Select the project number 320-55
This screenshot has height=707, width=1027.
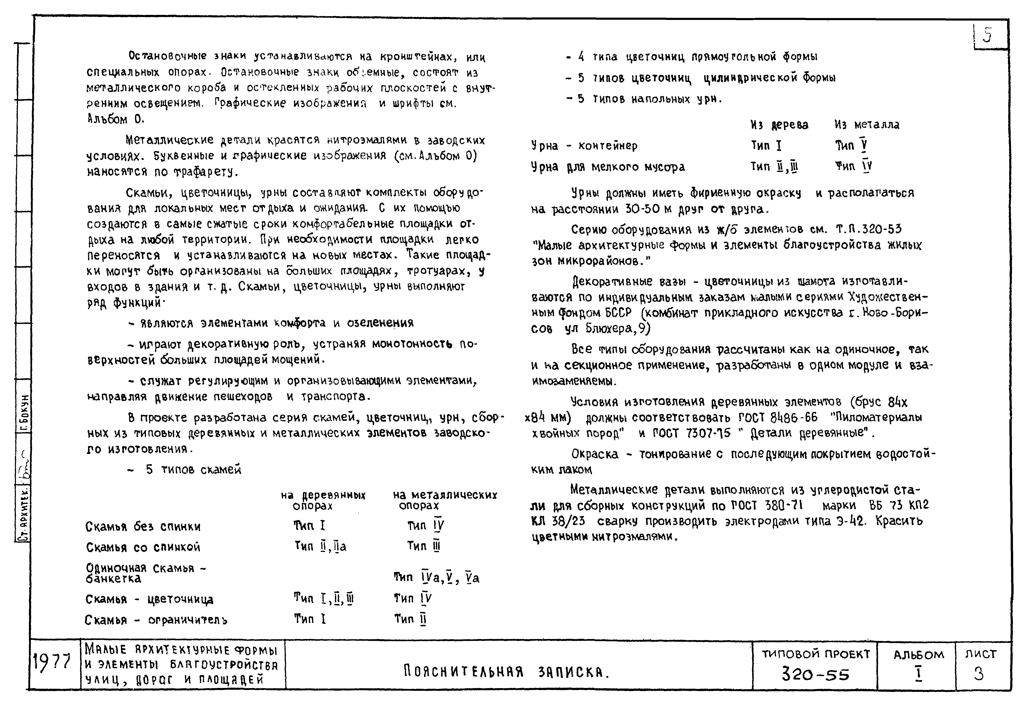tap(815, 675)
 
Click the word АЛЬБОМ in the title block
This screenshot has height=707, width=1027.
tap(919, 655)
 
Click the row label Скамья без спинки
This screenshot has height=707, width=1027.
tap(143, 527)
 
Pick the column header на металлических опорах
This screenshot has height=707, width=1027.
tap(445, 500)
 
